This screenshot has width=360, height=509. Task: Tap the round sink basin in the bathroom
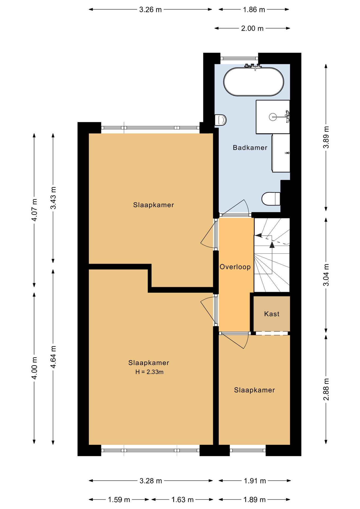pos(273,117)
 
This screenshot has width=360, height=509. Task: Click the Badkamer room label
pos(250,148)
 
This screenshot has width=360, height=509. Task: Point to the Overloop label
pos(235,267)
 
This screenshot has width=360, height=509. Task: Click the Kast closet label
pos(272,314)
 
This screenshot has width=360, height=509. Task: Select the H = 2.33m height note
pos(149,372)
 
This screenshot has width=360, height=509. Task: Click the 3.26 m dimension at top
pos(150,10)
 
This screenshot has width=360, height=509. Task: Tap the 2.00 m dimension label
pos(252,28)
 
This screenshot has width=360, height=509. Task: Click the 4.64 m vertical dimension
pos(53,357)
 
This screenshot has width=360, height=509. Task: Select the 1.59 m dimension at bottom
pos(119,500)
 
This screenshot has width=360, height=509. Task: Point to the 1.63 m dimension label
pos(182,500)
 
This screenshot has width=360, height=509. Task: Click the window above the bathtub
pos(239,58)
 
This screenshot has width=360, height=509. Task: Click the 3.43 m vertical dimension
pos(53,198)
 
